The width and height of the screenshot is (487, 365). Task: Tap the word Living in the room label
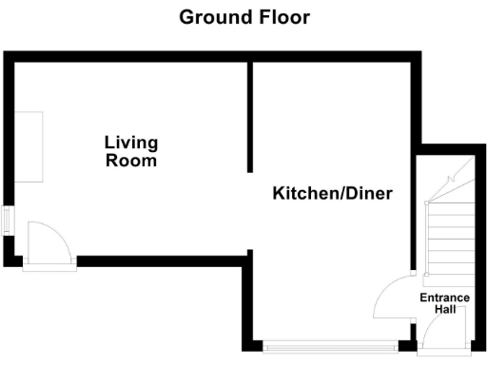click(131, 144)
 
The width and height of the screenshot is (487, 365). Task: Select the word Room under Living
click(131, 161)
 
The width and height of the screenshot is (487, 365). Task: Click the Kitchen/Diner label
click(333, 194)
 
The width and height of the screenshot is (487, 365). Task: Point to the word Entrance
click(445, 298)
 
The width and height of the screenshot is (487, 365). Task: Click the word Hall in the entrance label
click(445, 310)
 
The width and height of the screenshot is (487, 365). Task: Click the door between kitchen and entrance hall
click(390, 299)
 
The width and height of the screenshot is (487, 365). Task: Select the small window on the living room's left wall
click(8, 221)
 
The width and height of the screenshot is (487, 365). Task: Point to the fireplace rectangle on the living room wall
click(29, 147)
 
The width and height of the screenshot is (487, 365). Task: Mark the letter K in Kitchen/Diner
click(280, 194)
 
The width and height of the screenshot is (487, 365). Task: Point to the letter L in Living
click(109, 144)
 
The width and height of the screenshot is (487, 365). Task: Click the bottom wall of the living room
click(162, 259)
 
